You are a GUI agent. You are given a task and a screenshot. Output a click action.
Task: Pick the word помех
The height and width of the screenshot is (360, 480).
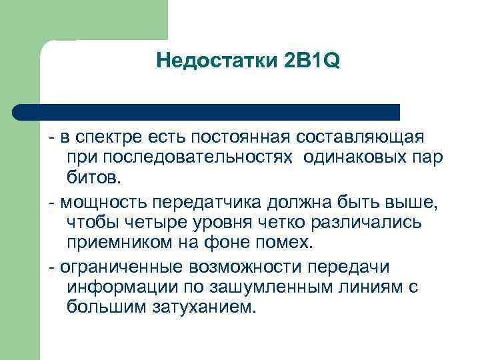[x=284, y=243]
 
